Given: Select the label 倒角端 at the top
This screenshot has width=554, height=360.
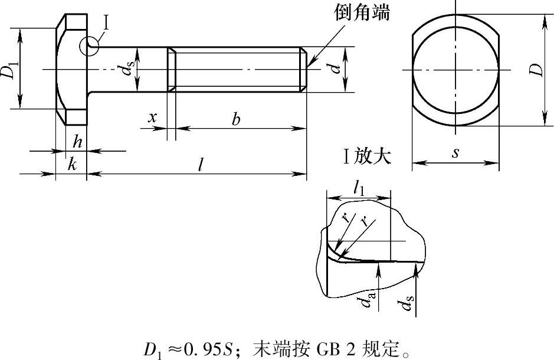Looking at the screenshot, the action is pyautogui.click(x=362, y=13).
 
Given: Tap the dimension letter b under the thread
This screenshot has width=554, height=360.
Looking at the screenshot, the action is pyautogui.click(x=235, y=119).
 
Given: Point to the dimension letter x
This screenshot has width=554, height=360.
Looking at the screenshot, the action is pyautogui.click(x=152, y=117).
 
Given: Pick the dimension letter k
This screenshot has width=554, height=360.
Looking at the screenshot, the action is pyautogui.click(x=72, y=164).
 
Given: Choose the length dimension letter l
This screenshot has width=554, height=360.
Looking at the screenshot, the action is pyautogui.click(x=201, y=164).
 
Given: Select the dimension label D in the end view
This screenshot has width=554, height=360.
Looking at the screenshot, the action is pyautogui.click(x=536, y=69).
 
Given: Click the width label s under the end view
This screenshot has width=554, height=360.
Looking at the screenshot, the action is pyautogui.click(x=456, y=153).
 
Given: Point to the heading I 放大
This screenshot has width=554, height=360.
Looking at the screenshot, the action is pyautogui.click(x=368, y=156).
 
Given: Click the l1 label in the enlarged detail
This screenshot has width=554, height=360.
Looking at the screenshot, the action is pyautogui.click(x=359, y=188).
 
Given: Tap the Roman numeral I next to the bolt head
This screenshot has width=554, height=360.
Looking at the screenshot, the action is pyautogui.click(x=106, y=23).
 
